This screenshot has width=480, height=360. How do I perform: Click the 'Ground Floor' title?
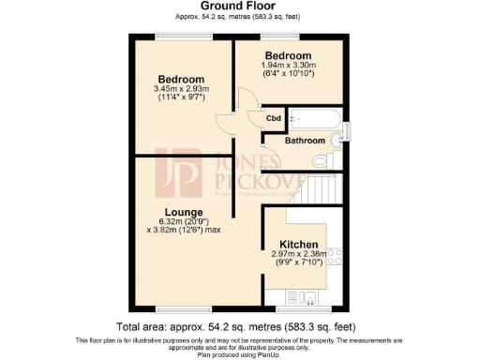click(240, 7)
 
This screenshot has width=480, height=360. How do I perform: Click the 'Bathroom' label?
click(305, 141)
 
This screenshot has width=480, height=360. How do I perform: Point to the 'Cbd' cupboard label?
click(274, 119)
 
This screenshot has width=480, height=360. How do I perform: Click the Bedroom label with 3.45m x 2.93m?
click(181, 79)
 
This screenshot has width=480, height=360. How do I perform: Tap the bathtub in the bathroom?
click(315, 119)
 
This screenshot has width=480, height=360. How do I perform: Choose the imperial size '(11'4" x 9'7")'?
click(181, 98)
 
